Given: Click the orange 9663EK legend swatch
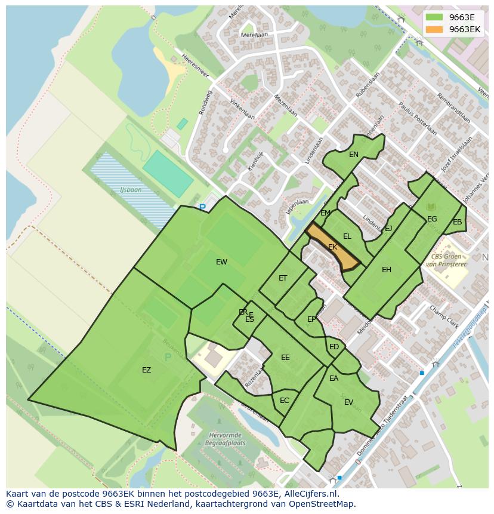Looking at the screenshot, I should click(x=434, y=29).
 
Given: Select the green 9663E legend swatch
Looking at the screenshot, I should click(x=434, y=17).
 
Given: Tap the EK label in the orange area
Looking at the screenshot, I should click(x=333, y=247).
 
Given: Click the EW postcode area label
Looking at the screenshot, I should click(x=221, y=262).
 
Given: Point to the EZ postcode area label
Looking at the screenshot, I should click(x=146, y=370).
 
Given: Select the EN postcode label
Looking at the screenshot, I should click(x=354, y=155).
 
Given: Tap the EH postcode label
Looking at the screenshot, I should click(x=387, y=270).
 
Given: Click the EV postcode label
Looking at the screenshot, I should click(x=349, y=402).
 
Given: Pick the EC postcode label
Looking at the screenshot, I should click(x=285, y=401).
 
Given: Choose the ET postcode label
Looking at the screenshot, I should click(x=283, y=278).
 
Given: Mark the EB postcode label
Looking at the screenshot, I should click(x=458, y=223).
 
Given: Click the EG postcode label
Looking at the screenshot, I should click(x=432, y=219).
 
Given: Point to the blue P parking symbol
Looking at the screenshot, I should click(x=202, y=208).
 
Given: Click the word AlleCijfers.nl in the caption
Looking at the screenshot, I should click(x=310, y=494).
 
